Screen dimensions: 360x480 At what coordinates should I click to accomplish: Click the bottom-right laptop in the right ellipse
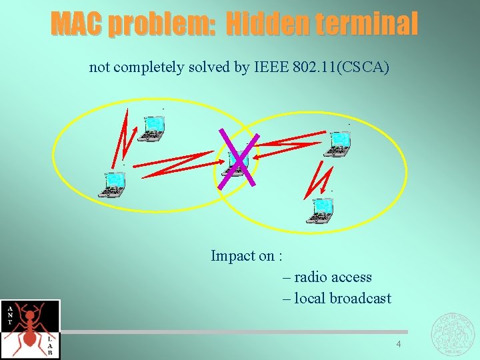click(x=323, y=209)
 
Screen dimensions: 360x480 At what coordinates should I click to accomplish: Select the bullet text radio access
click(x=332, y=277)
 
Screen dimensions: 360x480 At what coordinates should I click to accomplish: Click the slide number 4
click(x=399, y=345)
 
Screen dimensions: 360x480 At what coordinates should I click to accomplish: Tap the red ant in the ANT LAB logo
click(x=31, y=327)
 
